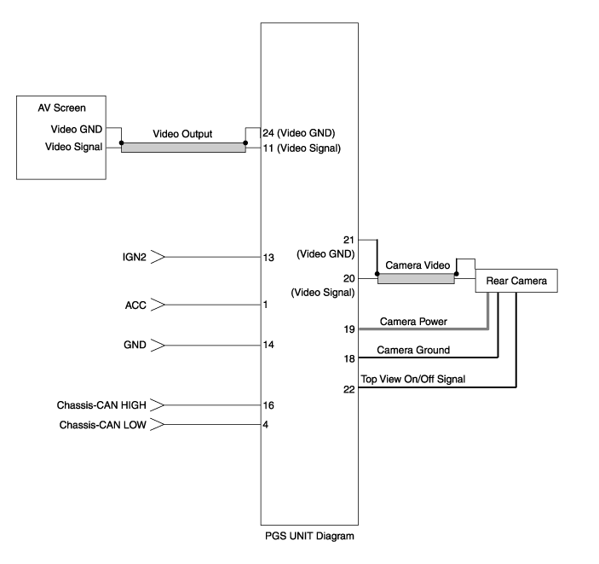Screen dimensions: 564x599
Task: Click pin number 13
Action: pos(268,257)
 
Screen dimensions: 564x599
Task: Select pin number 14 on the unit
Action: pos(268,345)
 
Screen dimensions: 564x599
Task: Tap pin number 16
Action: pos(268,405)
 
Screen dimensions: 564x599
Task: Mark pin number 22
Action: pos(349,389)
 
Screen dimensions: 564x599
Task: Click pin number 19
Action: pos(349,329)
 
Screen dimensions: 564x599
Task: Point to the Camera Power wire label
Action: pos(412,322)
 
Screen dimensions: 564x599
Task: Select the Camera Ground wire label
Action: pos(413,350)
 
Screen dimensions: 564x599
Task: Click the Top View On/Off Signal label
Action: pos(412,379)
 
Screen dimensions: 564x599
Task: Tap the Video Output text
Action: pos(182,134)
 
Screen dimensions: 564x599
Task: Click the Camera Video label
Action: pos(418,265)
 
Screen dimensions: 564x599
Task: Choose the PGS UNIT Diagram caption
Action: pos(309,537)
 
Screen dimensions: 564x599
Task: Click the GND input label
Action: pos(135,345)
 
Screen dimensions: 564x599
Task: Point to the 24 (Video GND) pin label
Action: pos(298,132)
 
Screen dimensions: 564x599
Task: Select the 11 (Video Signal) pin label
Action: pos(302,148)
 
